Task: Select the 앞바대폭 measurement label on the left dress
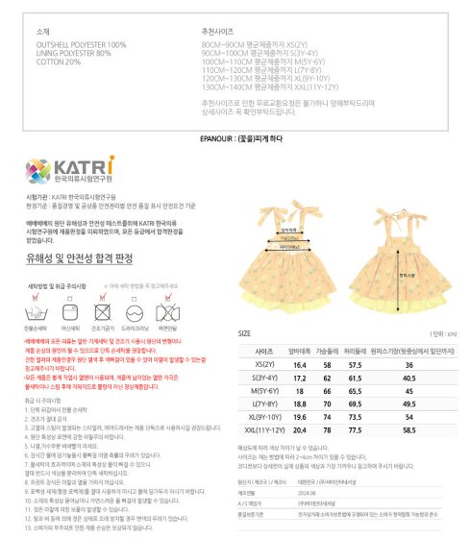[x=287, y=230]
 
